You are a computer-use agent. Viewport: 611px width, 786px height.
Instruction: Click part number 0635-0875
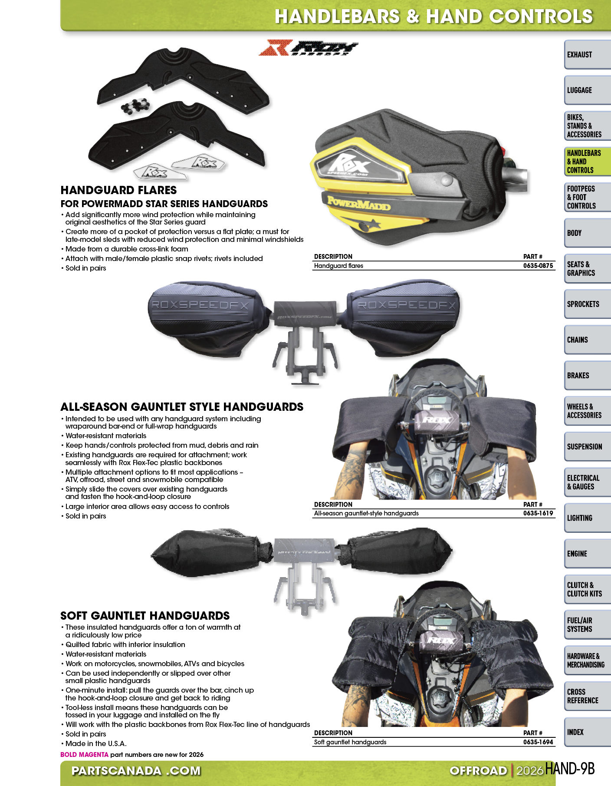pyautogui.click(x=538, y=266)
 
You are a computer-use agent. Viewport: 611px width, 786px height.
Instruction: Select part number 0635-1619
pyautogui.click(x=538, y=513)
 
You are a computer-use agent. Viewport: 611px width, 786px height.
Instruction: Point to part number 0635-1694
pyautogui.click(x=538, y=742)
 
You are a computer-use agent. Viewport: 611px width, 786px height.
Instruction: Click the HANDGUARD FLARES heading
pyautogui.click(x=119, y=190)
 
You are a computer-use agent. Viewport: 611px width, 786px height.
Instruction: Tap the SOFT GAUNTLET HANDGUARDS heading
pyautogui.click(x=145, y=616)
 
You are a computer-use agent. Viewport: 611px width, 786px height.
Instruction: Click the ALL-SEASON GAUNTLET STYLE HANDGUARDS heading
pyautogui.click(x=182, y=407)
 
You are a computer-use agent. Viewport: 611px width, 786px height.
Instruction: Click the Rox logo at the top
pyautogui.click(x=309, y=48)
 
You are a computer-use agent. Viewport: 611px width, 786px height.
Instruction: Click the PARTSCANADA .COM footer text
pyautogui.click(x=136, y=771)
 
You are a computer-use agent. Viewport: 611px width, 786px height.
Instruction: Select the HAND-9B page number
pyautogui.click(x=569, y=769)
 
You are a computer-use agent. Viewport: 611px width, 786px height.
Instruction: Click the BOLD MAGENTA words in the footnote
pyautogui.click(x=84, y=755)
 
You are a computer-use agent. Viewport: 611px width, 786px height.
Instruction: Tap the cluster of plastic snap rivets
pyautogui.click(x=135, y=106)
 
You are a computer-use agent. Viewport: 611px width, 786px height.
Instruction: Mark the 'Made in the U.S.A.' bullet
pyautogui.click(x=96, y=743)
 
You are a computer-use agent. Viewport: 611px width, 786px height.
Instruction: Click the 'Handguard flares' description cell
pyautogui.click(x=338, y=266)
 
